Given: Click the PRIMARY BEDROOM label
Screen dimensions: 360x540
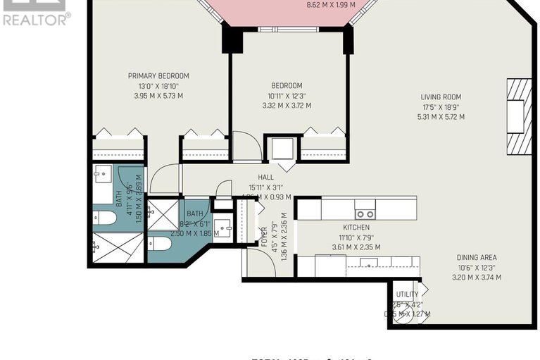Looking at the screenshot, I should click(x=158, y=76).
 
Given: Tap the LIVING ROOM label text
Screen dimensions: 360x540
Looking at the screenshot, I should click(x=441, y=97).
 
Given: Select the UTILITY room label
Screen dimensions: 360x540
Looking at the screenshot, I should click(x=407, y=294).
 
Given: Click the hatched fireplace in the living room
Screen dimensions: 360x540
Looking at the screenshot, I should click(x=517, y=116).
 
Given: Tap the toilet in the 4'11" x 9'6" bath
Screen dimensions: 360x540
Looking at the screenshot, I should click(x=105, y=217).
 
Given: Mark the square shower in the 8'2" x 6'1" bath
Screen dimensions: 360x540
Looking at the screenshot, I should click(x=163, y=215).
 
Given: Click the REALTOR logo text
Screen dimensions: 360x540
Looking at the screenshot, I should click(x=37, y=20).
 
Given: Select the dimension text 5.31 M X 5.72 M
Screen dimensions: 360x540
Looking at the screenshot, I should click(x=441, y=117).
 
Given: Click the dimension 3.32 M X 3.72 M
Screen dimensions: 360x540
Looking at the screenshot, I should click(x=287, y=106).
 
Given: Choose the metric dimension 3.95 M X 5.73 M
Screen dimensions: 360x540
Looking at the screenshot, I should click(x=158, y=96).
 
